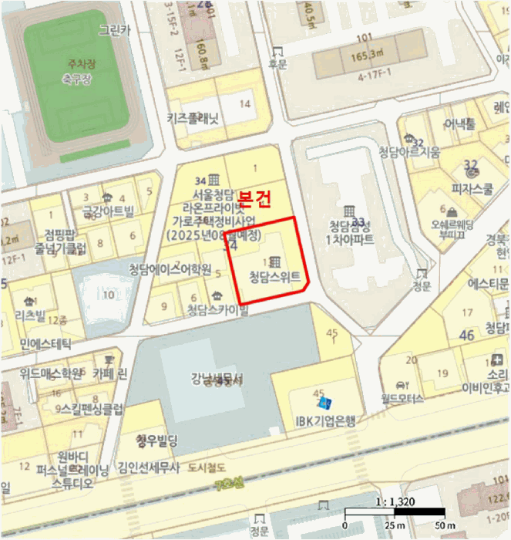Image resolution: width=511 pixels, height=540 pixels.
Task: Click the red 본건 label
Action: click(x=254, y=198)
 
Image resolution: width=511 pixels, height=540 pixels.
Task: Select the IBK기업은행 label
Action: click(x=326, y=420)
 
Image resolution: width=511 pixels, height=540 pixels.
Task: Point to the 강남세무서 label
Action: click(x=217, y=379)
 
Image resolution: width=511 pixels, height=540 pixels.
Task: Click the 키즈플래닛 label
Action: click(x=193, y=118)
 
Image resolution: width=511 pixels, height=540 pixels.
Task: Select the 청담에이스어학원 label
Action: click(x=170, y=269)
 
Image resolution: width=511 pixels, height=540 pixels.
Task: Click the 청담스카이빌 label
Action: click(x=218, y=311)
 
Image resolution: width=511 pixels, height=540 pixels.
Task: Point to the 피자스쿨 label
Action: click(x=472, y=187)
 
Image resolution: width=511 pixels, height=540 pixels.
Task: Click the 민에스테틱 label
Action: click(x=45, y=343)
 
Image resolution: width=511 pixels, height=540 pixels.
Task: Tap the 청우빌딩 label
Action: click(x=156, y=441)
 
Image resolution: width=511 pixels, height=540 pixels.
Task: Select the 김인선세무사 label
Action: click(x=149, y=467)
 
